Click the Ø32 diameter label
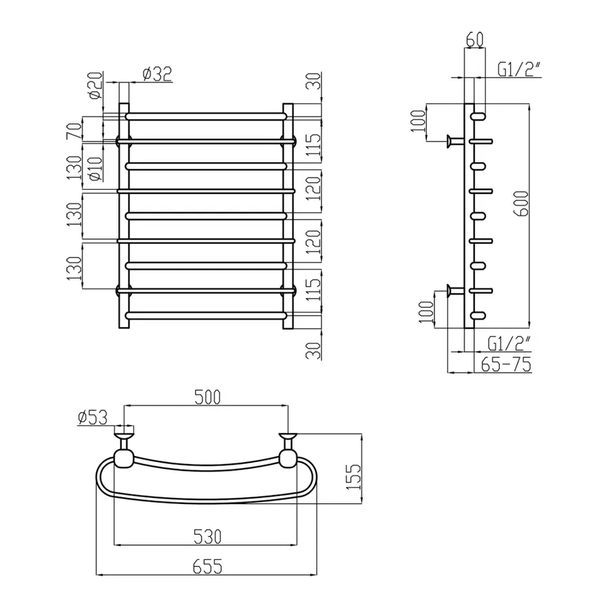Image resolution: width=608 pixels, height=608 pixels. point(157,74)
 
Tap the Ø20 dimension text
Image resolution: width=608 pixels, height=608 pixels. point(96,85)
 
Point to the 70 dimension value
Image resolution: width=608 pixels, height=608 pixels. point(75,130)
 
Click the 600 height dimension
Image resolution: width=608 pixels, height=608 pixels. point(522,203)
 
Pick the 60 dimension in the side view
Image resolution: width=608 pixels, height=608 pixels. point(475,39)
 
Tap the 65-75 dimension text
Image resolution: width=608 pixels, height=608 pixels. point(506,365)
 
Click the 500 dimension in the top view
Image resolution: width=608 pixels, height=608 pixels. point(207,397)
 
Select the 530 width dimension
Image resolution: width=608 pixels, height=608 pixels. point(207,536)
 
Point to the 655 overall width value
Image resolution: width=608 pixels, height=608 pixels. point(207,567)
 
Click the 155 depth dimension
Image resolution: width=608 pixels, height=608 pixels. point(353,476)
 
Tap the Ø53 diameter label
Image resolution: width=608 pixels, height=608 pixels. point(93,417)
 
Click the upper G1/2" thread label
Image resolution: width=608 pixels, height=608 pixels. point(519,70)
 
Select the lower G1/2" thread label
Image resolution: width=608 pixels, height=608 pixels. point(508,344)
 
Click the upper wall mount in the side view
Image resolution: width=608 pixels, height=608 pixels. point(455,141)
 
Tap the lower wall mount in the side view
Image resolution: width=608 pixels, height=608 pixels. point(455,290)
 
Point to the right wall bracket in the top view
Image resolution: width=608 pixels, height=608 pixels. point(288,451)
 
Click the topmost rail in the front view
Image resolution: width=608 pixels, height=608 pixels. point(206,116)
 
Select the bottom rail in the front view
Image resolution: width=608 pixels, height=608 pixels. point(206,315)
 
